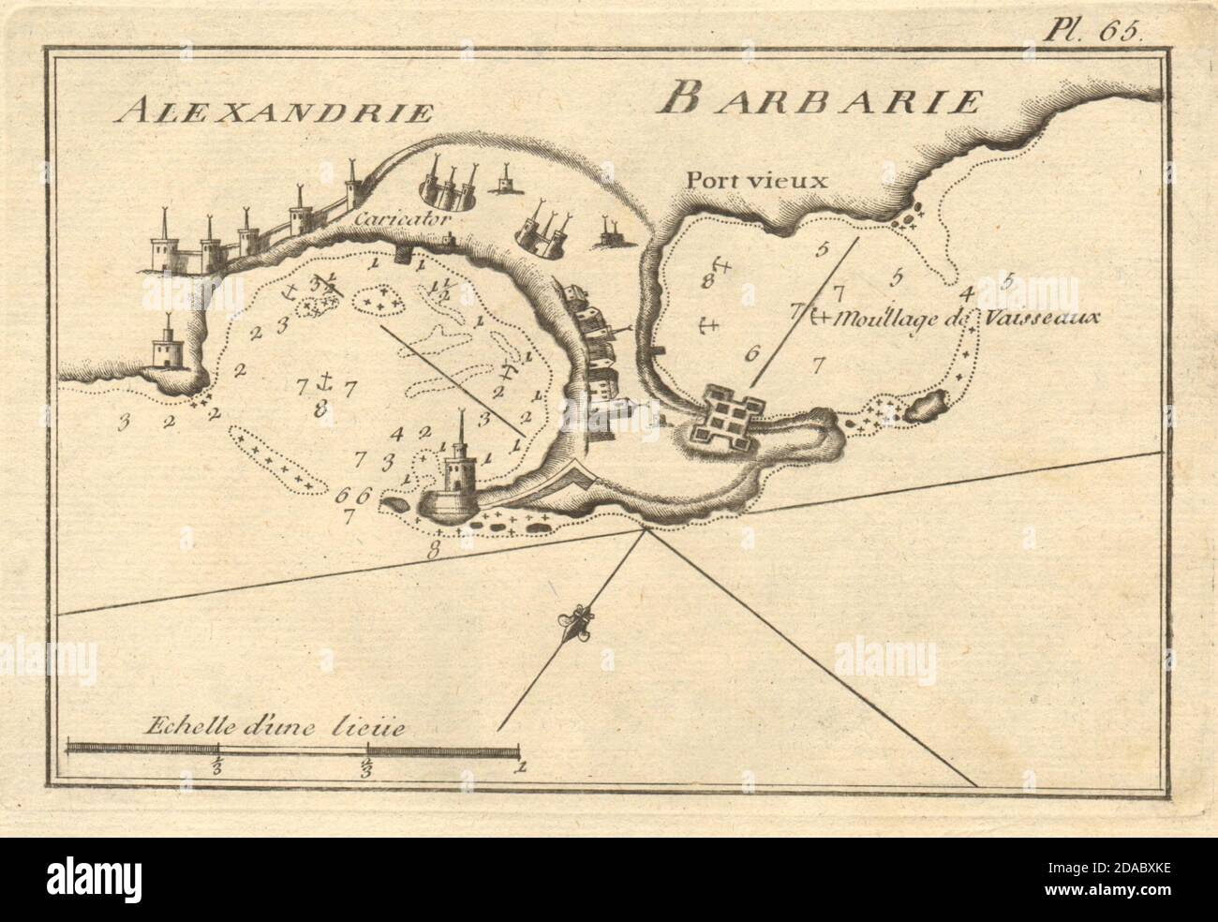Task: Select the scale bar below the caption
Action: pos(292,749)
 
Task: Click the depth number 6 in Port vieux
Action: pos(748,354)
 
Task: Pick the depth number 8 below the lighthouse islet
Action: pos(432,551)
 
